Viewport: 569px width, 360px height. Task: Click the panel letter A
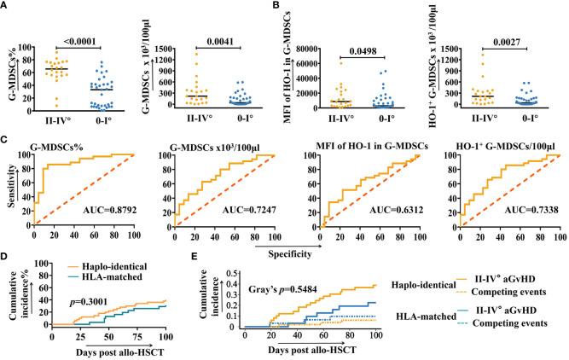point(7,7)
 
